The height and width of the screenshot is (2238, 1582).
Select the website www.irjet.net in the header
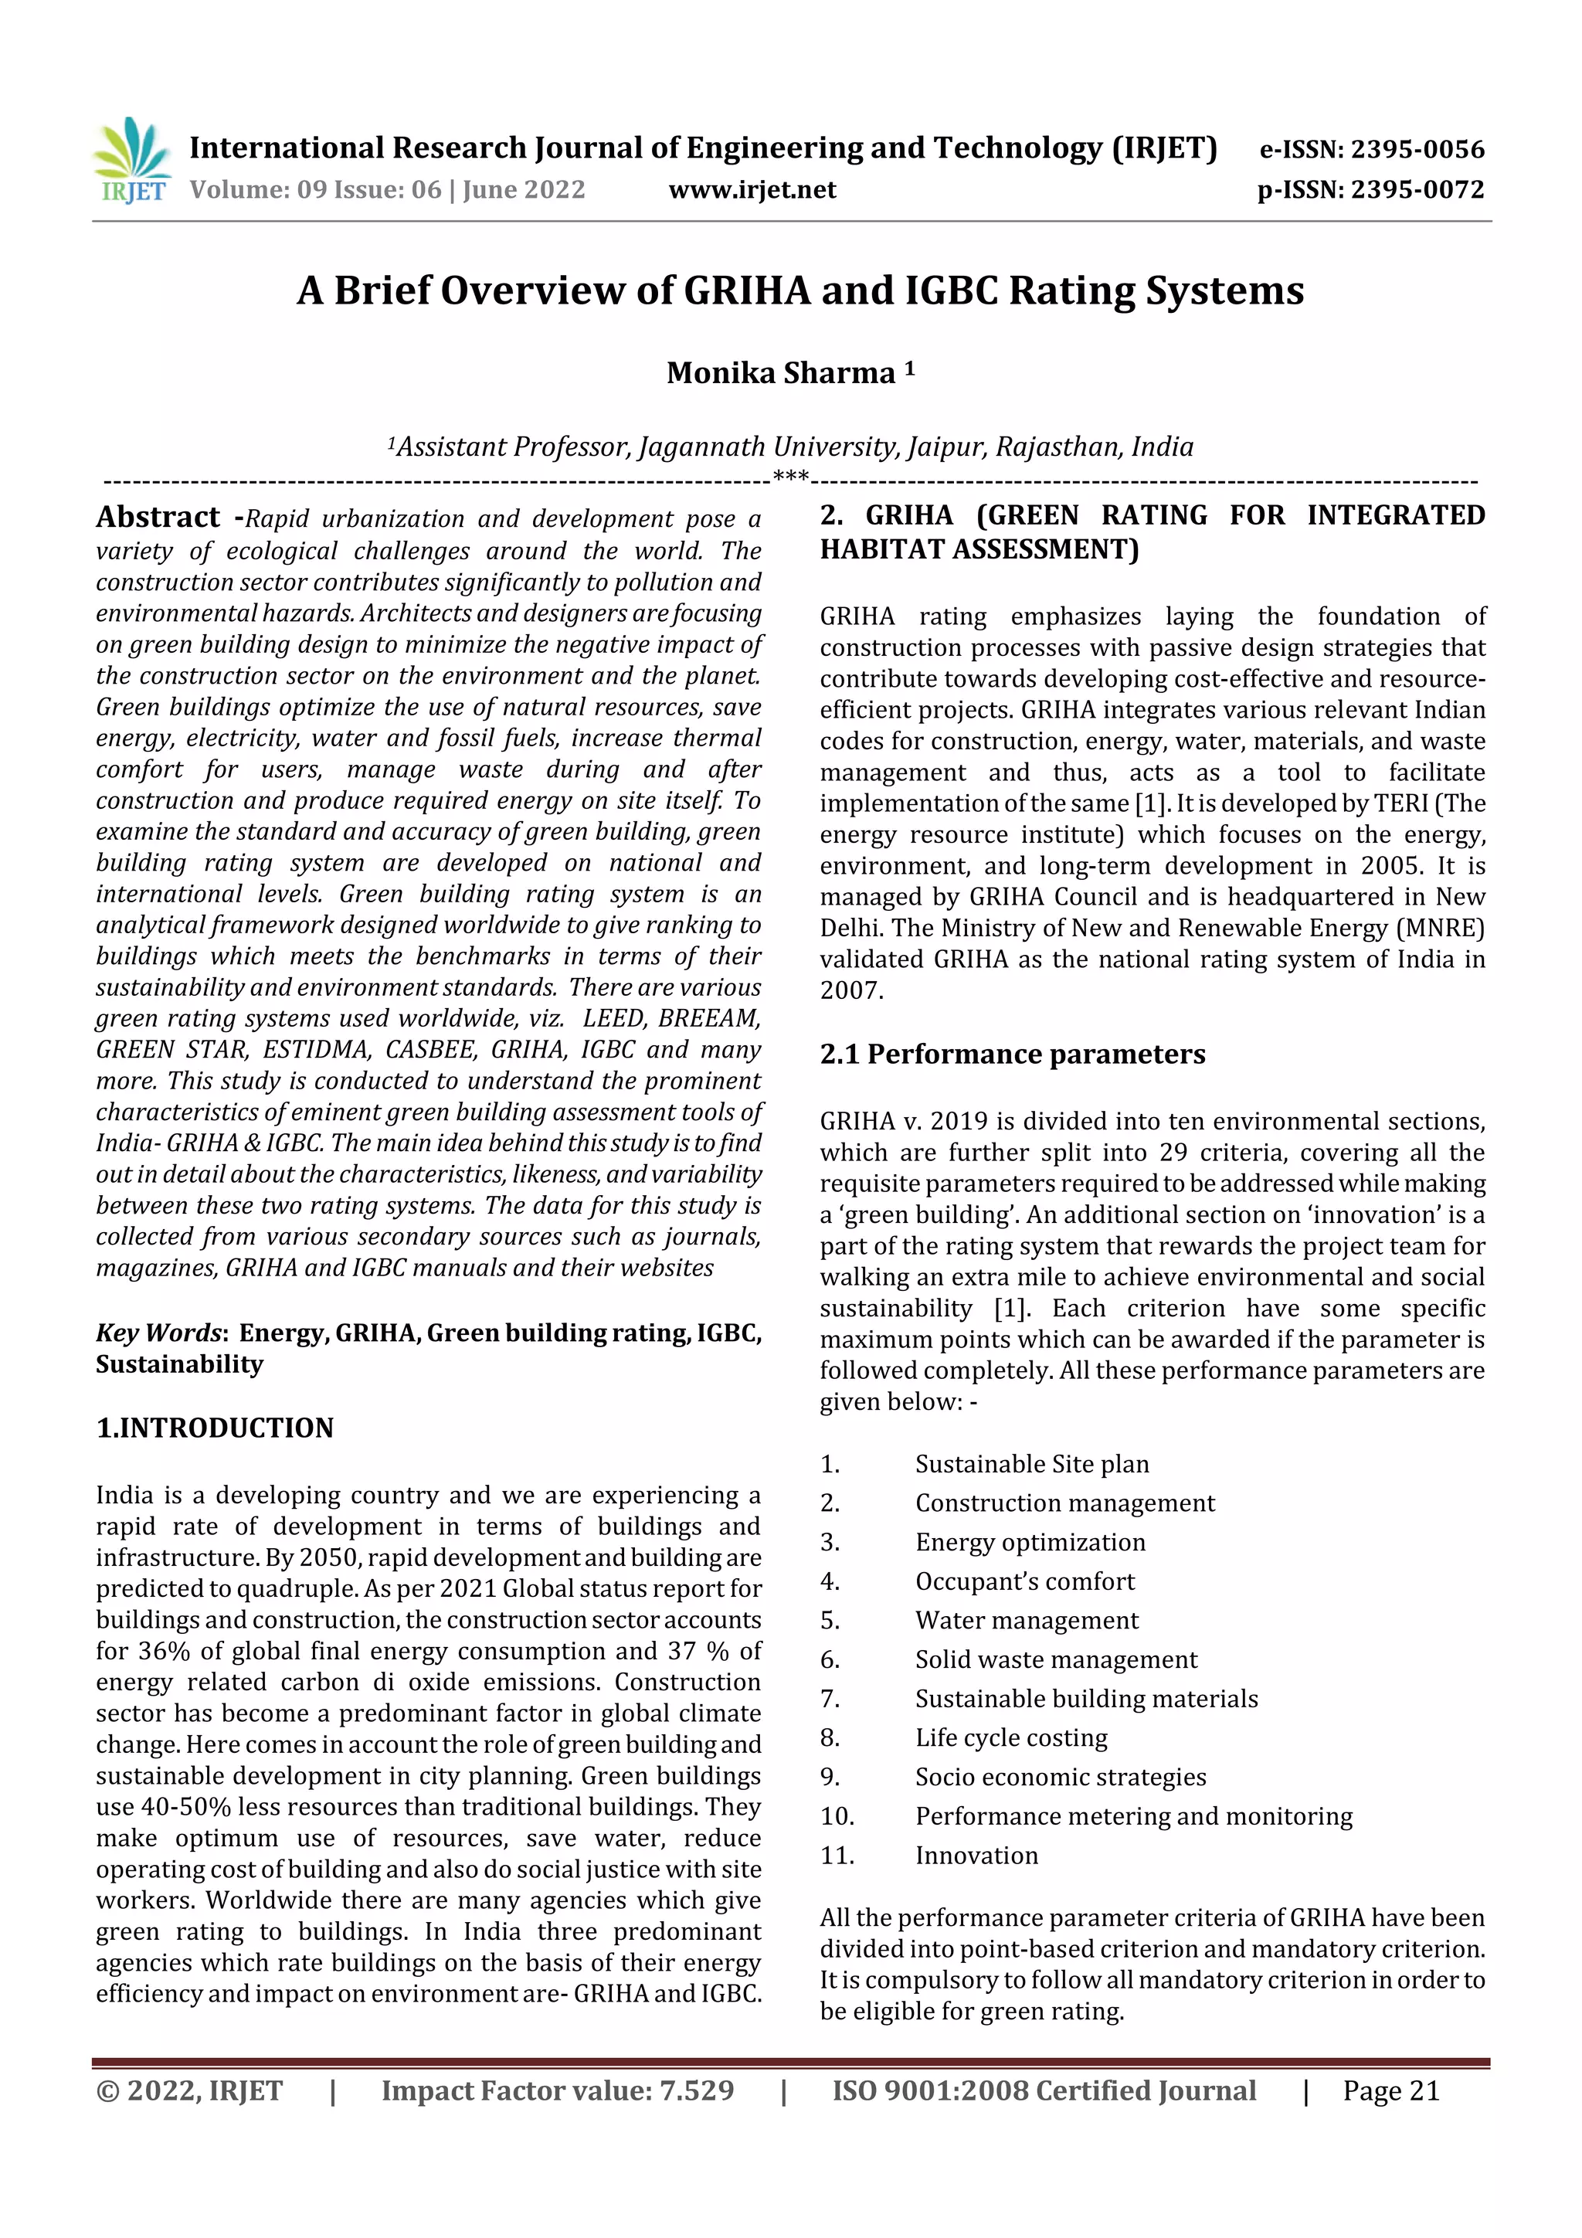coord(752,189)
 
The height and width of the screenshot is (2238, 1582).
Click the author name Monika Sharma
coord(781,373)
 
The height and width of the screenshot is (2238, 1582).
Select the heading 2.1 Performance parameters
coord(1012,1054)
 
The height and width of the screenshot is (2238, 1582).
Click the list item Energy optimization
coord(1030,1542)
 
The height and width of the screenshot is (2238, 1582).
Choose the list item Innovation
coord(976,1855)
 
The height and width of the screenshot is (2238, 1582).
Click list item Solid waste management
coord(1056,1659)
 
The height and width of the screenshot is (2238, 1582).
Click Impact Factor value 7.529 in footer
coord(557,2090)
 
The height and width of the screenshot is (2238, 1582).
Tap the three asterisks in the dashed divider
coord(789,477)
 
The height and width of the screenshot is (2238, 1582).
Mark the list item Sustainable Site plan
coord(1031,1464)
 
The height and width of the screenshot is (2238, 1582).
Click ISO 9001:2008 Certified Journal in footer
coord(1043,2090)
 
